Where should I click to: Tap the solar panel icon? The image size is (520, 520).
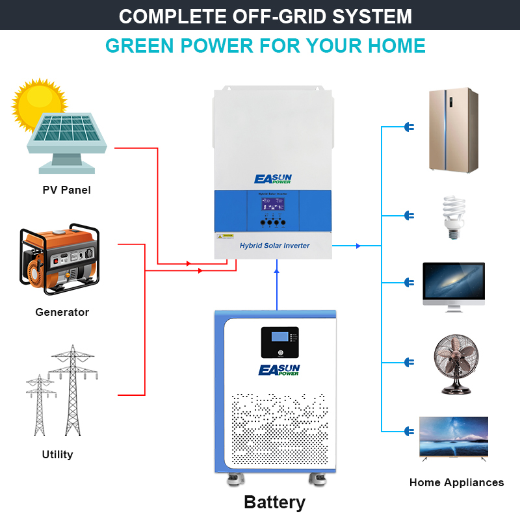coord(67,140)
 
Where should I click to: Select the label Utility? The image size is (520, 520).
coord(57,454)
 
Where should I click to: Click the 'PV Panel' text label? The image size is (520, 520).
coord(66,190)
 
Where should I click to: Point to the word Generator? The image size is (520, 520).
coord(62,312)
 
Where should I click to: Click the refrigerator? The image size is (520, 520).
coord(452,130)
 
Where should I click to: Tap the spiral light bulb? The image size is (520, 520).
coord(453,215)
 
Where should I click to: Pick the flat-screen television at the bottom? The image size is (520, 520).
coord(454,438)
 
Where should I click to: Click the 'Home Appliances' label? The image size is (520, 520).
coord(456,482)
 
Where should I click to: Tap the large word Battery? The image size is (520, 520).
coord(274,502)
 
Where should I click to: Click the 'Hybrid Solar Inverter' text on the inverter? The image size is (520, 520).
coord(274,246)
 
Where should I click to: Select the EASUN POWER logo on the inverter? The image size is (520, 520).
coord(274,179)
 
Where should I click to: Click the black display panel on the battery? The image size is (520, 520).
coord(279,342)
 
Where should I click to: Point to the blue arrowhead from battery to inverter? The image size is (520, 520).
coord(276,264)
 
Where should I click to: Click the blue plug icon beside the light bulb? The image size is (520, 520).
coord(409,215)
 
